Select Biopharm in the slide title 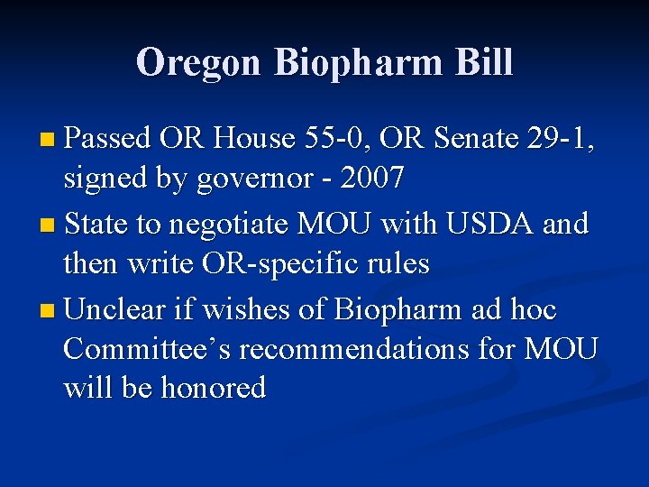pos(358,64)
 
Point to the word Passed pos(107,138)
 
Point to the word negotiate pos(222,223)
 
